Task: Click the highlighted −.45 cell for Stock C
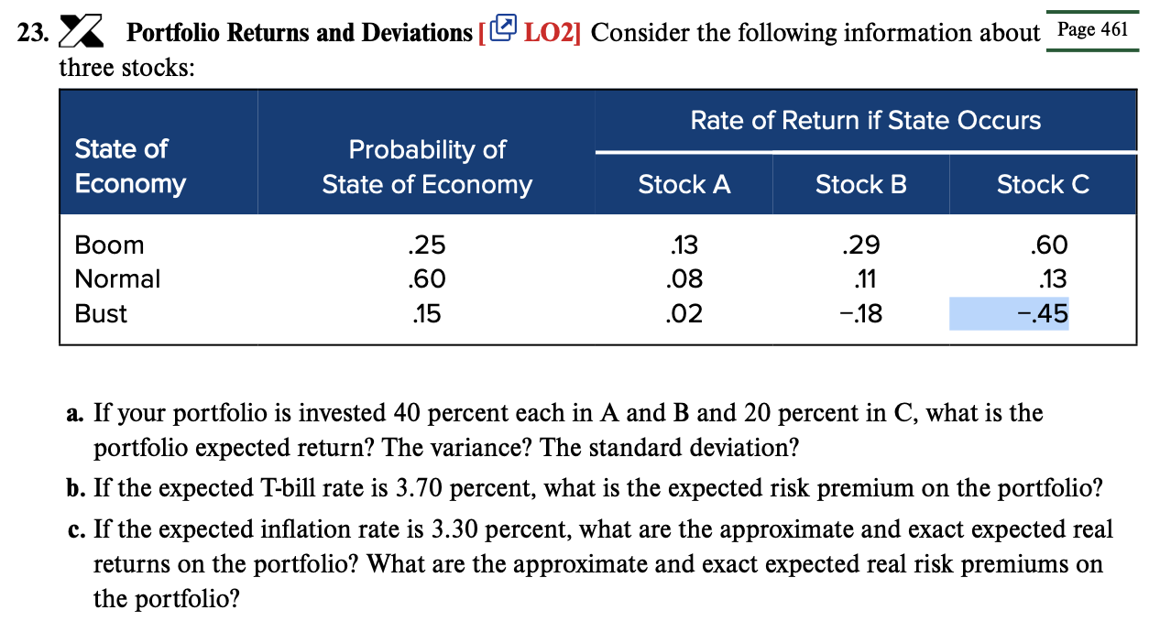point(1043,314)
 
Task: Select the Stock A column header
point(684,185)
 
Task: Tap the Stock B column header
point(860,185)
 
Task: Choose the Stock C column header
point(1043,185)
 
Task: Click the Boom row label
point(109,245)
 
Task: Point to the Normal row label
point(117,279)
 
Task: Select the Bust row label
point(101,314)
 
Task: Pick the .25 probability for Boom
point(426,245)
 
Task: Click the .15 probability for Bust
point(426,314)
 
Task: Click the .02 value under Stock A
point(684,314)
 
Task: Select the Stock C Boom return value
point(1048,245)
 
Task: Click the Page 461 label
point(1092,28)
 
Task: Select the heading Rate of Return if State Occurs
point(865,121)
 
